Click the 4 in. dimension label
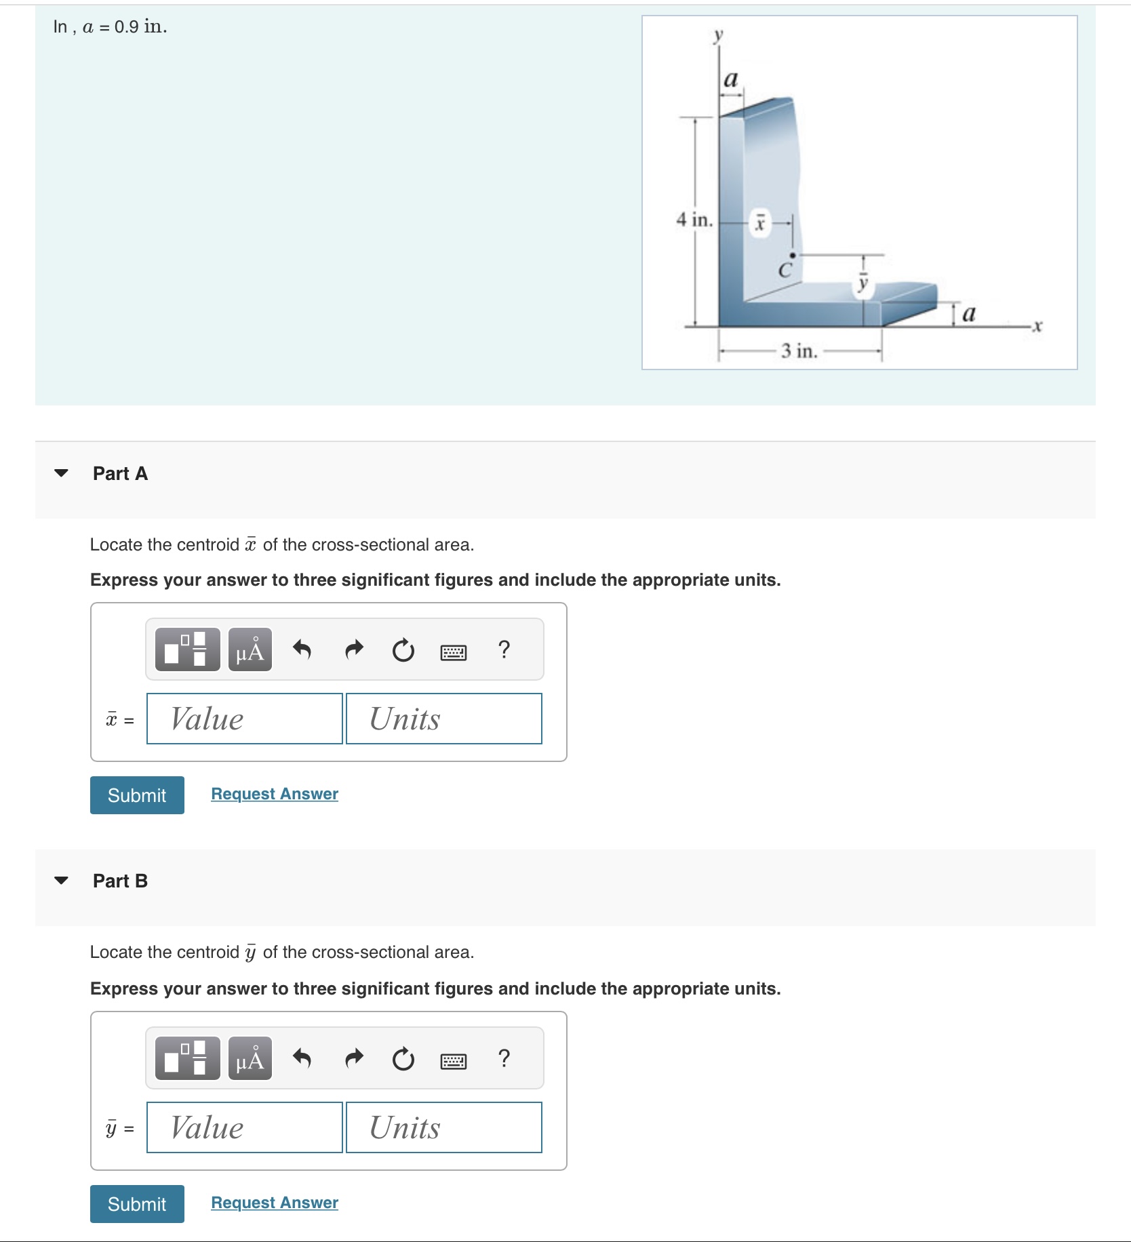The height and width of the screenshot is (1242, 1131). tap(694, 220)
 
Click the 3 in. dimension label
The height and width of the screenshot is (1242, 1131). tap(799, 351)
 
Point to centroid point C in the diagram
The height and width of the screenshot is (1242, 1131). tap(792, 256)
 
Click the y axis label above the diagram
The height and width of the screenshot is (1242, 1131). tap(718, 35)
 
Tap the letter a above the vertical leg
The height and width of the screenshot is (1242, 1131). tap(730, 79)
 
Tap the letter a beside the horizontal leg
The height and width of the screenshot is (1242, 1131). tap(969, 314)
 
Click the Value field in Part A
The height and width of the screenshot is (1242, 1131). tap(244, 719)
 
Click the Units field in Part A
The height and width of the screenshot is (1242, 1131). tap(443, 719)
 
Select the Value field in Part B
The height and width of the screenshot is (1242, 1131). tap(244, 1127)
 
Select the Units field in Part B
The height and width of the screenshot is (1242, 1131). tap(443, 1127)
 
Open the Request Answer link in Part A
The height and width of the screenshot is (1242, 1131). tap(274, 794)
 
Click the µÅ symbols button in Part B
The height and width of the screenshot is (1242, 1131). tap(250, 1058)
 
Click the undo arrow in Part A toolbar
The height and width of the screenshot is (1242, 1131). tap(302, 650)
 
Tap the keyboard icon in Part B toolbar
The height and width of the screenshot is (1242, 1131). tap(453, 1060)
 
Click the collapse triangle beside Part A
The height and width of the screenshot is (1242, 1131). tap(61, 473)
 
